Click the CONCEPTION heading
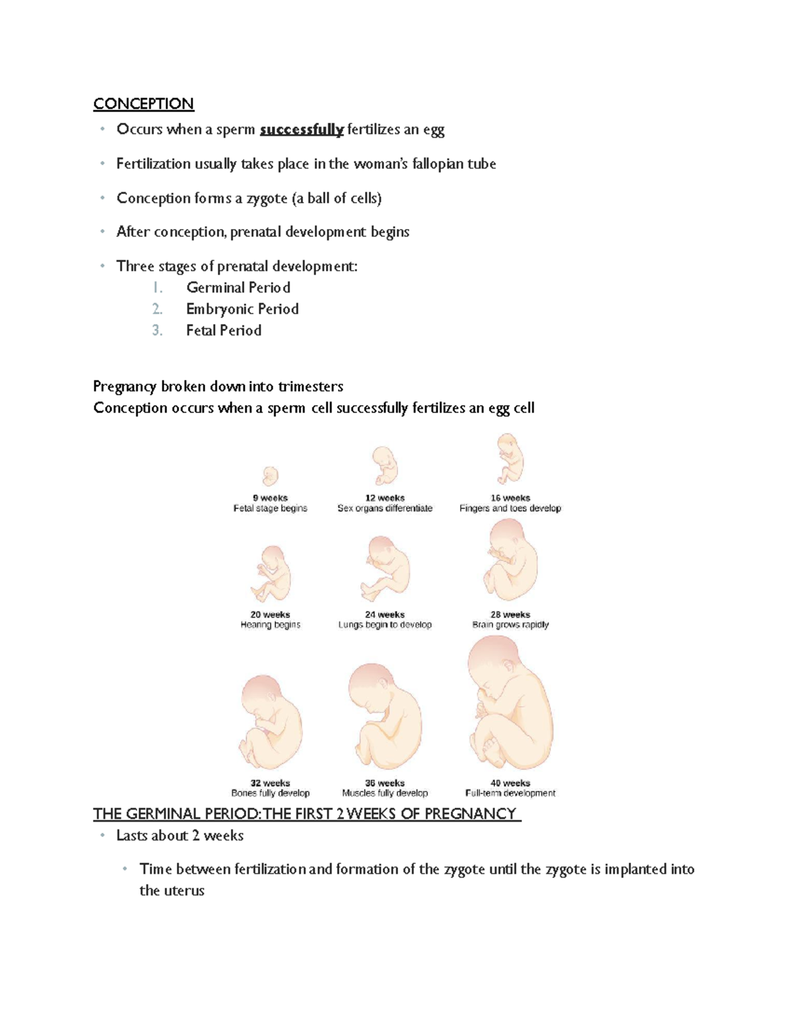(143, 104)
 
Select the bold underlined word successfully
(302, 129)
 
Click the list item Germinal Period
(238, 288)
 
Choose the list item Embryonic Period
(242, 309)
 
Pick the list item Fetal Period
(224, 331)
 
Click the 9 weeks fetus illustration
(270, 476)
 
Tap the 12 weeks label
(385, 498)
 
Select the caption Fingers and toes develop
(510, 508)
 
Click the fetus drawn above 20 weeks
(270, 573)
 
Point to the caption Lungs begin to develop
(385, 624)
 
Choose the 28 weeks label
(510, 614)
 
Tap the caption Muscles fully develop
(385, 793)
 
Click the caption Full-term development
(510, 793)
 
